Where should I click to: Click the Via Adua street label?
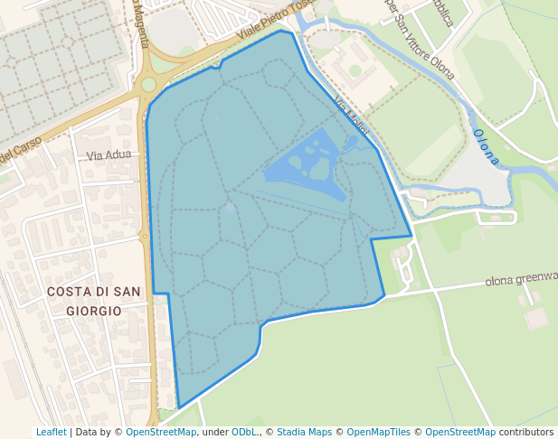click(109, 154)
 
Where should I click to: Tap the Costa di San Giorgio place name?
click(93, 300)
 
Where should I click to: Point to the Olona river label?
click(486, 146)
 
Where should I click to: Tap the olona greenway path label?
click(520, 279)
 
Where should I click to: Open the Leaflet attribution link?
click(51, 433)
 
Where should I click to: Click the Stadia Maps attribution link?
click(305, 433)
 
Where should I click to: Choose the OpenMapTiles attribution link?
click(378, 433)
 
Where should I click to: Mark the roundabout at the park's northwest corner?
click(148, 85)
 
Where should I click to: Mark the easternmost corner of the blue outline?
click(412, 237)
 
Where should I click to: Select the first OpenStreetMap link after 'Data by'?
click(160, 433)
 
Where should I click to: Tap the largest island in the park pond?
click(319, 169)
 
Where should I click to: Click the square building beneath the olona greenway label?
click(536, 318)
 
